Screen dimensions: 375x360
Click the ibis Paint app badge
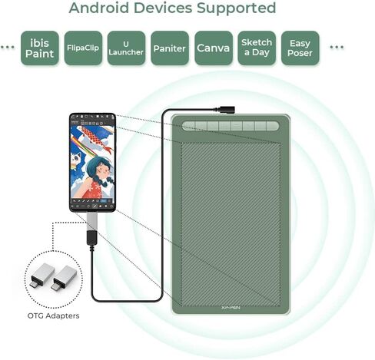tap(40, 48)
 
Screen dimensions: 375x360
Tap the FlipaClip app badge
tap(83, 48)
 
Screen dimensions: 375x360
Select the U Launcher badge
tap(126, 48)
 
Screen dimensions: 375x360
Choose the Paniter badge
tap(170, 48)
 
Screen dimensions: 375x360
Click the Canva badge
tap(214, 48)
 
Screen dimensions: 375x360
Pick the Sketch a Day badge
tap(257, 48)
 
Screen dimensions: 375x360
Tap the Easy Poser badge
tap(300, 48)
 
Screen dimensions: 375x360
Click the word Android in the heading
tap(98, 8)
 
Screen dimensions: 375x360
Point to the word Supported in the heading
tap(236, 8)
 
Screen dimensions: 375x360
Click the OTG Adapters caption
tap(53, 315)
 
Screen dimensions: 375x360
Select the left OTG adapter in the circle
tap(42, 275)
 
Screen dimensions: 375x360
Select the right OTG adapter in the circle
tap(64, 278)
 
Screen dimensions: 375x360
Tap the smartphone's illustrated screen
tap(92, 162)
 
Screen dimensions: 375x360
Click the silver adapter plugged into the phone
tap(92, 221)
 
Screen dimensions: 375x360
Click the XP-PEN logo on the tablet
tap(231, 308)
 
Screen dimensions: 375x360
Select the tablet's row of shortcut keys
tap(231, 126)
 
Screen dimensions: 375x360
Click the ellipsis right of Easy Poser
tap(337, 47)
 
